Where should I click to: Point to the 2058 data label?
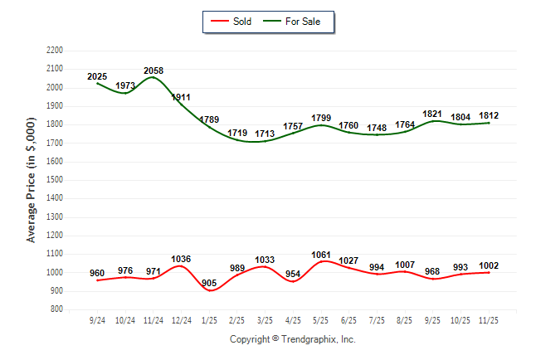[x=153, y=71]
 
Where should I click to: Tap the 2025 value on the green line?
[x=97, y=77]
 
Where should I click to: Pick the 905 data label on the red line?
[x=209, y=283]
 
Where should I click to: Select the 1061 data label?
[x=321, y=254]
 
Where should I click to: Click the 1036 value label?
[x=181, y=259]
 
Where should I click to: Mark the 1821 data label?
[x=433, y=114]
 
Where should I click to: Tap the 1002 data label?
[x=489, y=265]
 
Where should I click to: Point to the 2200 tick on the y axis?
[x=55, y=51]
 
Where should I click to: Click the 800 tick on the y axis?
[x=57, y=309]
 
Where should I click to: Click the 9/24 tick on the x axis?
[x=97, y=319]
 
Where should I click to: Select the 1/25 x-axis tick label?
[x=209, y=319]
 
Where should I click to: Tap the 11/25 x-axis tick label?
[x=489, y=319]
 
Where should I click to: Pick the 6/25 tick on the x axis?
[x=349, y=319]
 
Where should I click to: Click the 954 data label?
[x=293, y=274]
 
